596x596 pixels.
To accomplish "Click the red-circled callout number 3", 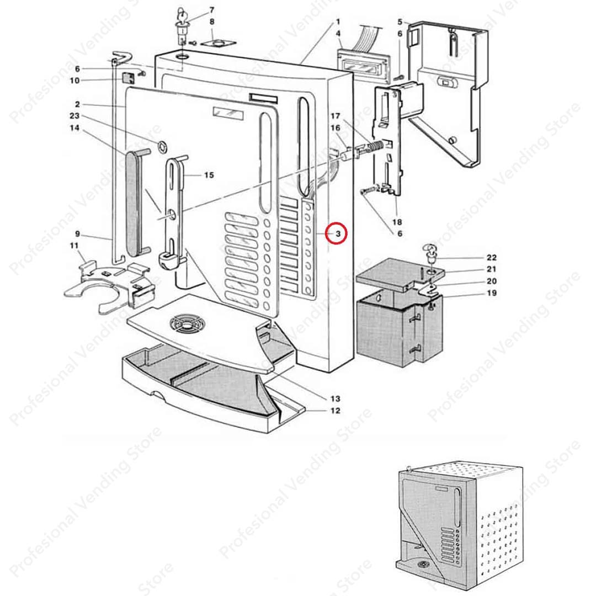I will coord(336,233).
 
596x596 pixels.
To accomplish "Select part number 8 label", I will coord(196,22).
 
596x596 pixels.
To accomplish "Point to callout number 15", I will coord(209,175).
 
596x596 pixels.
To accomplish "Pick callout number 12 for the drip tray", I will coord(336,411).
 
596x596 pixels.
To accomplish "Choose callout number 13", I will coord(336,398).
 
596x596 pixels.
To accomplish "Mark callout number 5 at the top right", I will coord(400,22).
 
